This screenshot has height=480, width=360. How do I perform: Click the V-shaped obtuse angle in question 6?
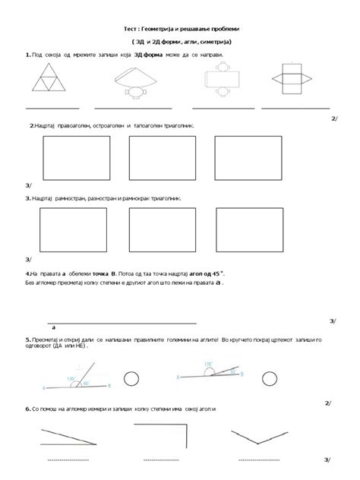tap(265, 438)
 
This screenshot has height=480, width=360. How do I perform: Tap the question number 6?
tap(27, 409)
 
